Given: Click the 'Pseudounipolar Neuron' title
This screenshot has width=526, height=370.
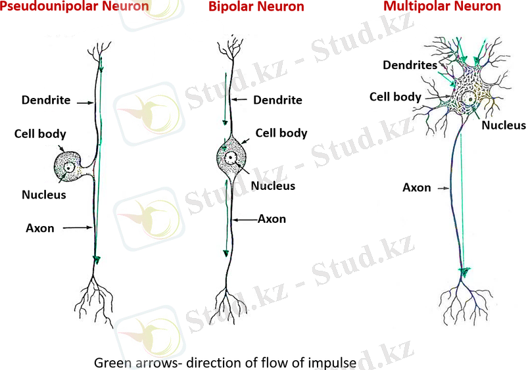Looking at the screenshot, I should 74,7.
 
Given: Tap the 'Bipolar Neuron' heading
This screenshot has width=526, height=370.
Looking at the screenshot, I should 256,7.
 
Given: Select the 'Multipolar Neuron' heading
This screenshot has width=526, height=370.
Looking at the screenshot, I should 442,7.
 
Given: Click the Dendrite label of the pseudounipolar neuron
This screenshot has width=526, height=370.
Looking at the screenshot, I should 47,101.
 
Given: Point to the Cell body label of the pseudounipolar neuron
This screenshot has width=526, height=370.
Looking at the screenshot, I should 40,134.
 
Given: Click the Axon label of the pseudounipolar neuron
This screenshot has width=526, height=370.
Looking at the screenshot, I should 39,228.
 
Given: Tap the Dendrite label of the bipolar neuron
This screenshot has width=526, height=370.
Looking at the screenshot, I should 277,101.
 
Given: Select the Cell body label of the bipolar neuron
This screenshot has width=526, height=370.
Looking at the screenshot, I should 281,133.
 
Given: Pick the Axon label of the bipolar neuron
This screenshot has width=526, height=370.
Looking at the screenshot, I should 272,219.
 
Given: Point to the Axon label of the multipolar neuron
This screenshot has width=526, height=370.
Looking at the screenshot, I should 417,188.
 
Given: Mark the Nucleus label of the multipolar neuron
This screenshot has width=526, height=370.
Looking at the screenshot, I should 503,125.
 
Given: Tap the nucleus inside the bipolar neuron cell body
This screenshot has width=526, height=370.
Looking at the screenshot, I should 231,158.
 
